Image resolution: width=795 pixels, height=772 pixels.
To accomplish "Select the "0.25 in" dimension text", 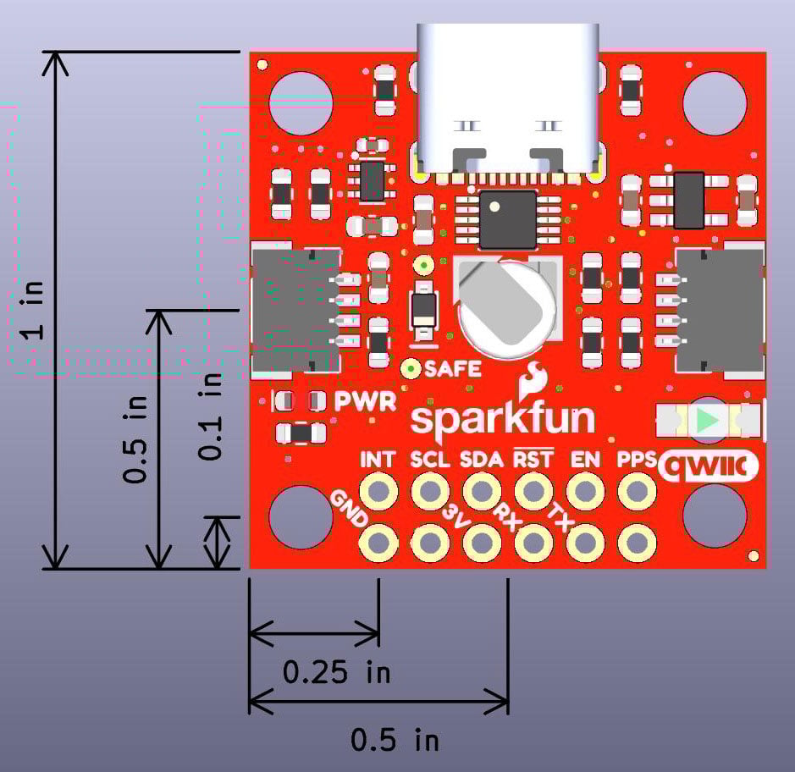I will [x=336, y=673].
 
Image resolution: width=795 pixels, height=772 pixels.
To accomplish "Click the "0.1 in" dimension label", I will [x=210, y=416].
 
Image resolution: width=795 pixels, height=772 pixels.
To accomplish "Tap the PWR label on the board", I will [x=366, y=401].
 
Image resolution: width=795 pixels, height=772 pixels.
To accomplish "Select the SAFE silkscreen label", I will [x=453, y=369].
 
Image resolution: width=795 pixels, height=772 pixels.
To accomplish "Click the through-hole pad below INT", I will [x=378, y=490].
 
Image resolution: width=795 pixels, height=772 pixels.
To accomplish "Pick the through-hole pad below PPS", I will [x=635, y=490].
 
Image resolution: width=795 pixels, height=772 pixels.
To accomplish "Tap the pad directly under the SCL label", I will [x=430, y=490].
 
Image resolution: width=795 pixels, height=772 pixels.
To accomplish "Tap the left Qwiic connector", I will [x=292, y=311].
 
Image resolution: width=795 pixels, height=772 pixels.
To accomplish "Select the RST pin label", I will [x=533, y=460].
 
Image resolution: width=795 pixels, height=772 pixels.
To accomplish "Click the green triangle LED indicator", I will [x=709, y=420].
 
